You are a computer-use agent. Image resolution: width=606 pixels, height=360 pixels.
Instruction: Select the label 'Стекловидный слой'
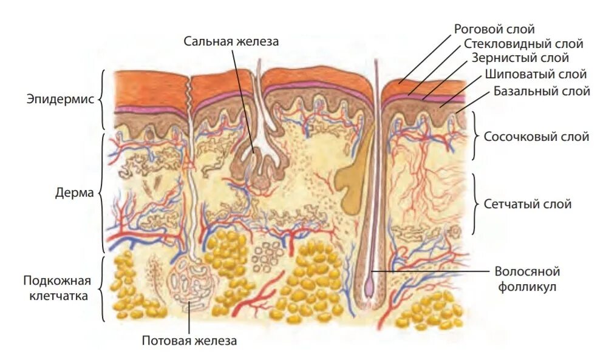523,44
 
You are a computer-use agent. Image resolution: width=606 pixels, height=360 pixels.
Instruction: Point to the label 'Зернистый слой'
520,58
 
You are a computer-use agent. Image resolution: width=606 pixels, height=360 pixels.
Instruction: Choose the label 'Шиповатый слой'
536,75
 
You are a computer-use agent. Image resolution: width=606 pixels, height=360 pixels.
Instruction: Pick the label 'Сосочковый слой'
536,137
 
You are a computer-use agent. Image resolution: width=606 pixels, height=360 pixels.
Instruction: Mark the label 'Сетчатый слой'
527,204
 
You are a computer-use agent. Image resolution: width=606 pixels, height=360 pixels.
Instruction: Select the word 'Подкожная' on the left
57,280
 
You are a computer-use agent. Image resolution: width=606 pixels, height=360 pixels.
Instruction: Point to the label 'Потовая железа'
189,341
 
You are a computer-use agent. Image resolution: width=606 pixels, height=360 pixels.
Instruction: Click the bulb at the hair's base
370,289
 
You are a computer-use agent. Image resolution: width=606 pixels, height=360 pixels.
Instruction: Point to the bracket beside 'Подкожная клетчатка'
101,288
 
